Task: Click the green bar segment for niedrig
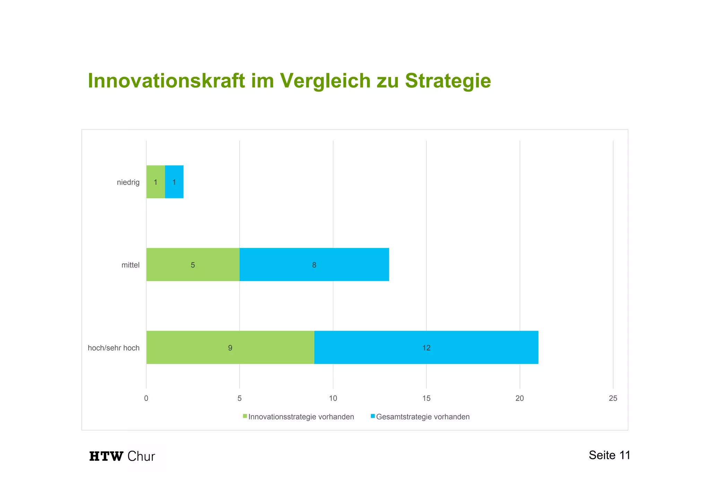pyautogui.click(x=155, y=182)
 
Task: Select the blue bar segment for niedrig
pyautogui.click(x=174, y=182)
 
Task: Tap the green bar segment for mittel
pyautogui.click(x=193, y=265)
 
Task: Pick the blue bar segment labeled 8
pyautogui.click(x=314, y=265)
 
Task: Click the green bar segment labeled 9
pyautogui.click(x=230, y=348)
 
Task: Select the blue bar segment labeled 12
pyautogui.click(x=426, y=348)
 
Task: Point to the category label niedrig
pyautogui.click(x=128, y=182)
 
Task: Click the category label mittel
pyautogui.click(x=130, y=265)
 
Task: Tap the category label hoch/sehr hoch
pyautogui.click(x=114, y=348)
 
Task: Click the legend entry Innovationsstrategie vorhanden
pyautogui.click(x=298, y=417)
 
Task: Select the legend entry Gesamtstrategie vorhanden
pyautogui.click(x=420, y=417)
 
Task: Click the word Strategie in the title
pyautogui.click(x=448, y=81)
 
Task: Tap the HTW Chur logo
pyautogui.click(x=122, y=456)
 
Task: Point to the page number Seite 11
pyautogui.click(x=609, y=455)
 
